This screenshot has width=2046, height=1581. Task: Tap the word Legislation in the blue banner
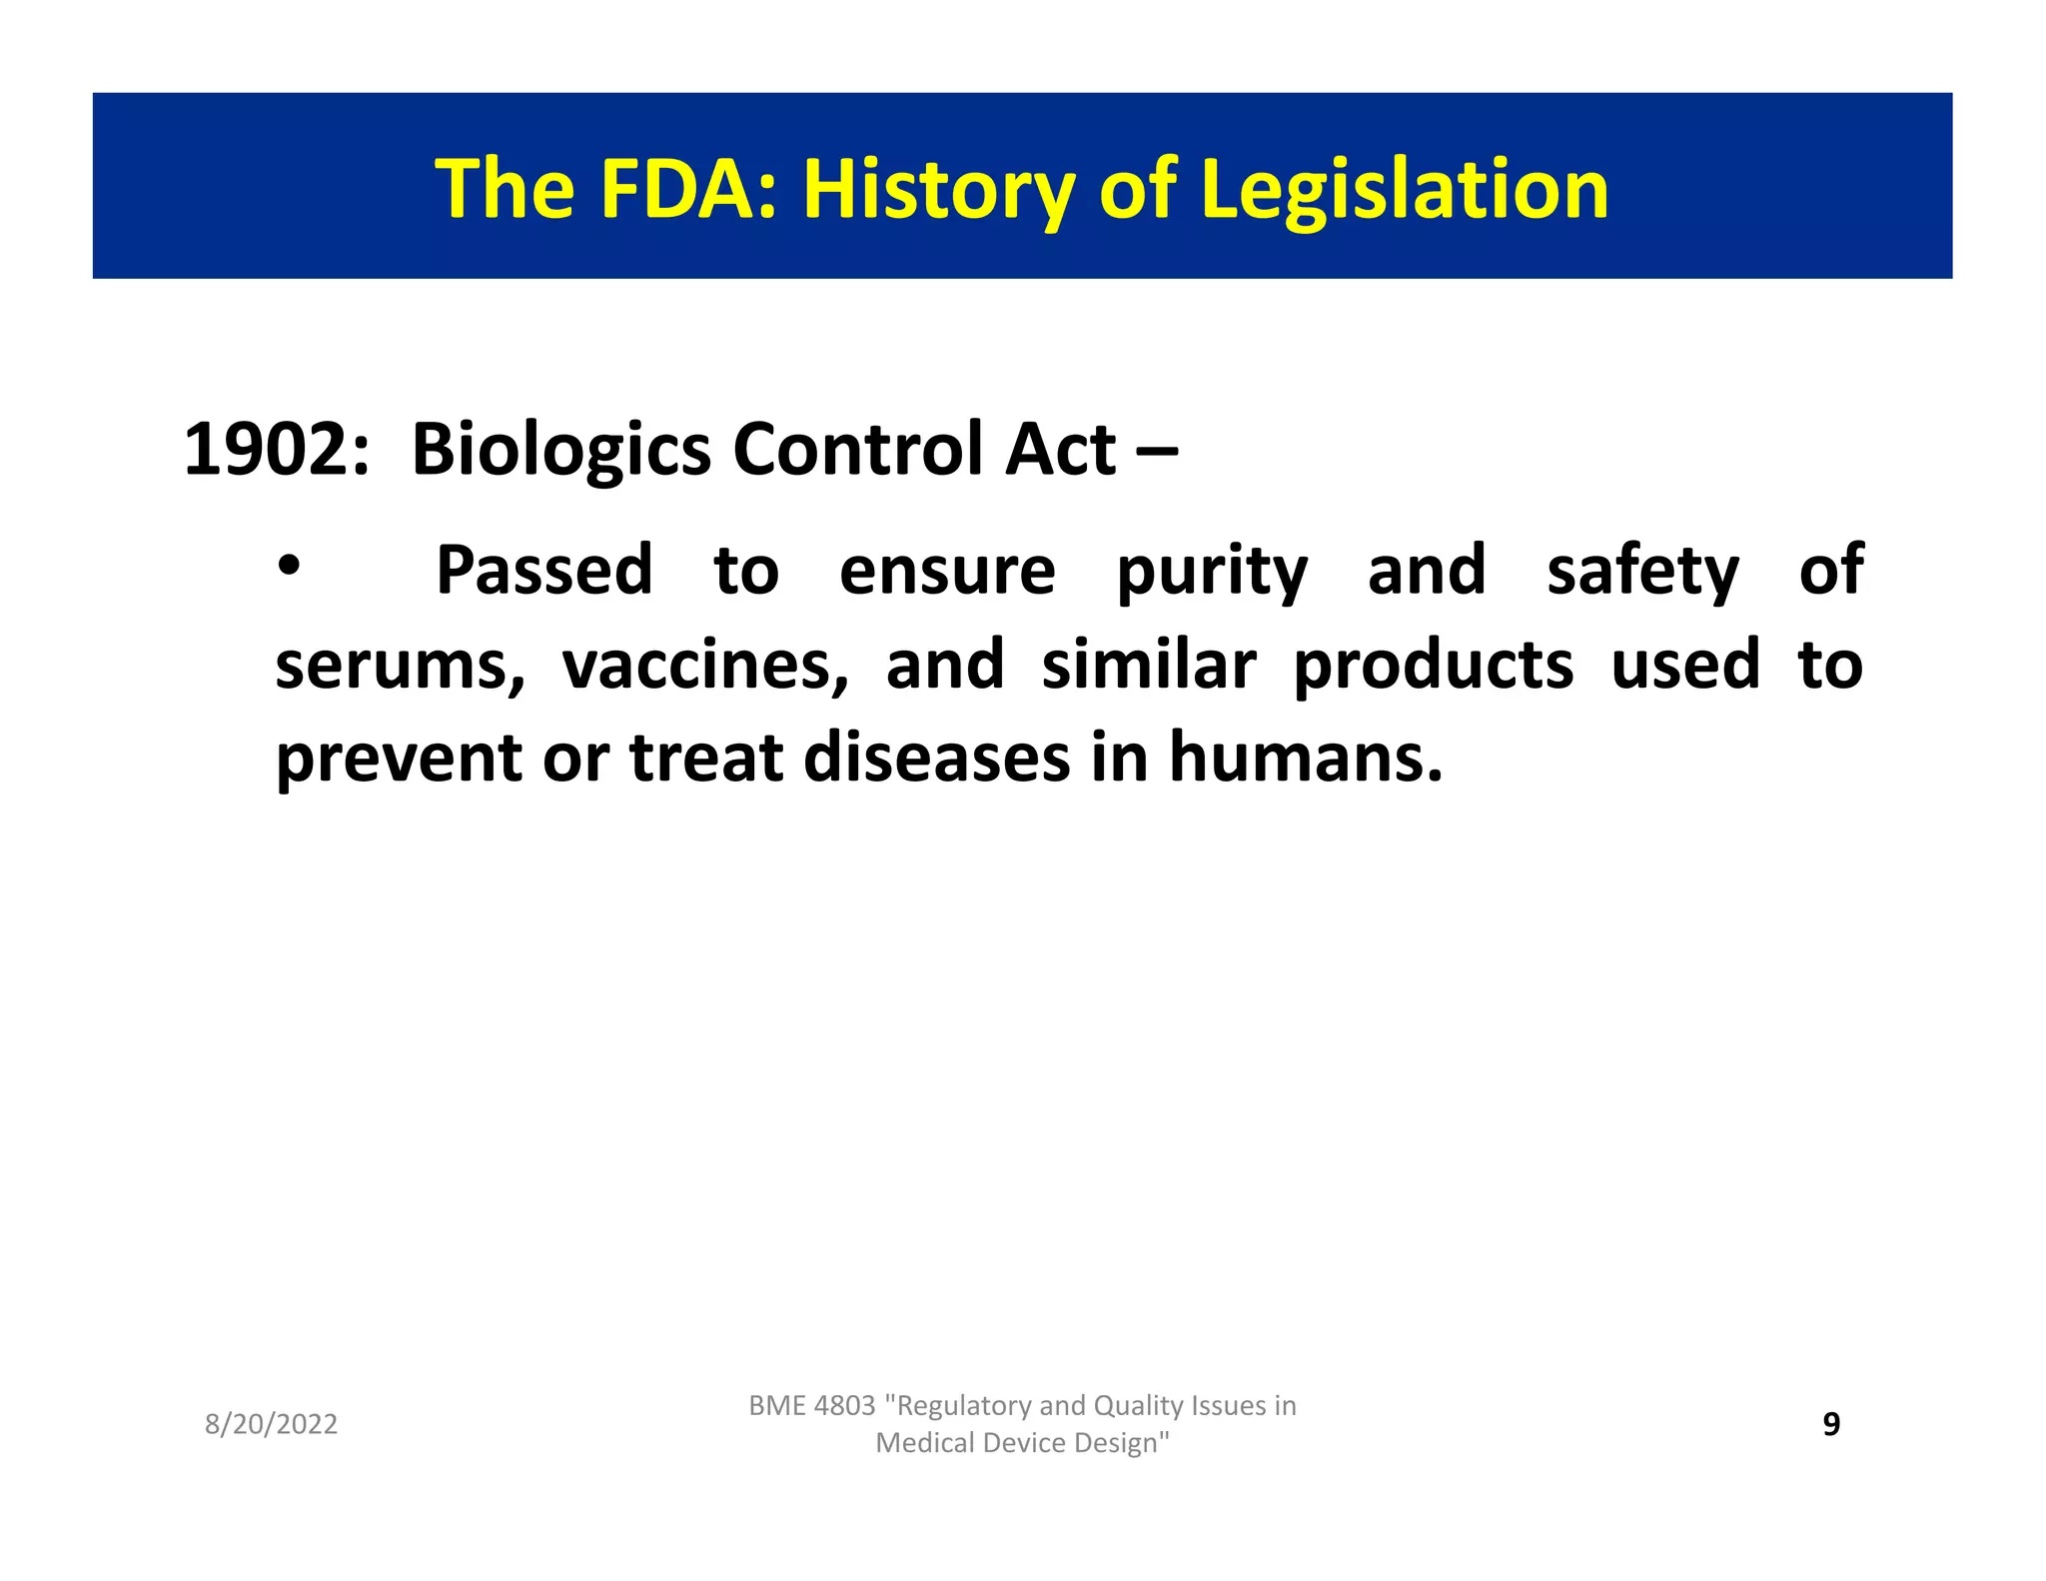(1405, 190)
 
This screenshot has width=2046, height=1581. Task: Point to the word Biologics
(560, 450)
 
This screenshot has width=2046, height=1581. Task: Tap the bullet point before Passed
(289, 567)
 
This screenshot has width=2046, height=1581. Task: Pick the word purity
(1211, 572)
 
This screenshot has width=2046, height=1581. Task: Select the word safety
(1642, 572)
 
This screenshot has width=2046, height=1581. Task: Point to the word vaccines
(704, 666)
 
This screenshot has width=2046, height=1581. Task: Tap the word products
(1433, 668)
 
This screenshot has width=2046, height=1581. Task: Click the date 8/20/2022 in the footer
(271, 1424)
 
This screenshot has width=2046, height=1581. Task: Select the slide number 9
(1831, 1423)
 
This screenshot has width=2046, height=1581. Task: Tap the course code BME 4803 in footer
(811, 1405)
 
